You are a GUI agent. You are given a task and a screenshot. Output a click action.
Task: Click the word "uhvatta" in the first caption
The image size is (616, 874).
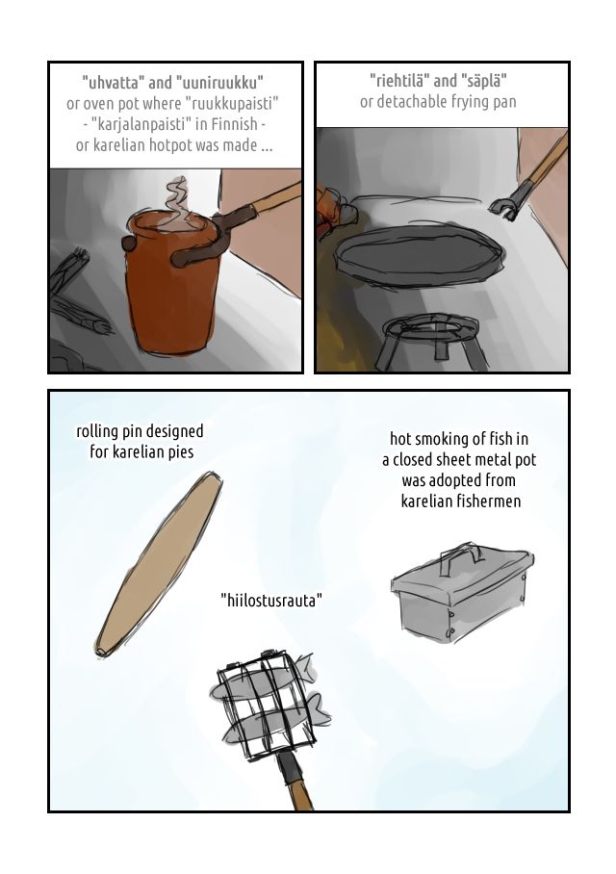click(113, 83)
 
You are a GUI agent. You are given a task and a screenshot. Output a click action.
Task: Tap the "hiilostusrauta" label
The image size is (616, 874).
click(271, 601)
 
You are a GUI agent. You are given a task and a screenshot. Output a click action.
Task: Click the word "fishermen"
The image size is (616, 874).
click(488, 501)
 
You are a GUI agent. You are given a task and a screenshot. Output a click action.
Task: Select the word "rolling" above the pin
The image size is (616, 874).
click(97, 431)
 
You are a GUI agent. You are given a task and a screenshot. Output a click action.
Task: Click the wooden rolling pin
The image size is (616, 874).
click(159, 563)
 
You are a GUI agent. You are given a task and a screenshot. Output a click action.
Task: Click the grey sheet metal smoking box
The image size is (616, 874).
click(462, 595)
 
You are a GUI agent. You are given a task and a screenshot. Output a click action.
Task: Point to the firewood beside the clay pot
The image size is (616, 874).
click(78, 301)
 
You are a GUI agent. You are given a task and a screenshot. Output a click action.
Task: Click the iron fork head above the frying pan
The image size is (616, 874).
click(508, 205)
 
